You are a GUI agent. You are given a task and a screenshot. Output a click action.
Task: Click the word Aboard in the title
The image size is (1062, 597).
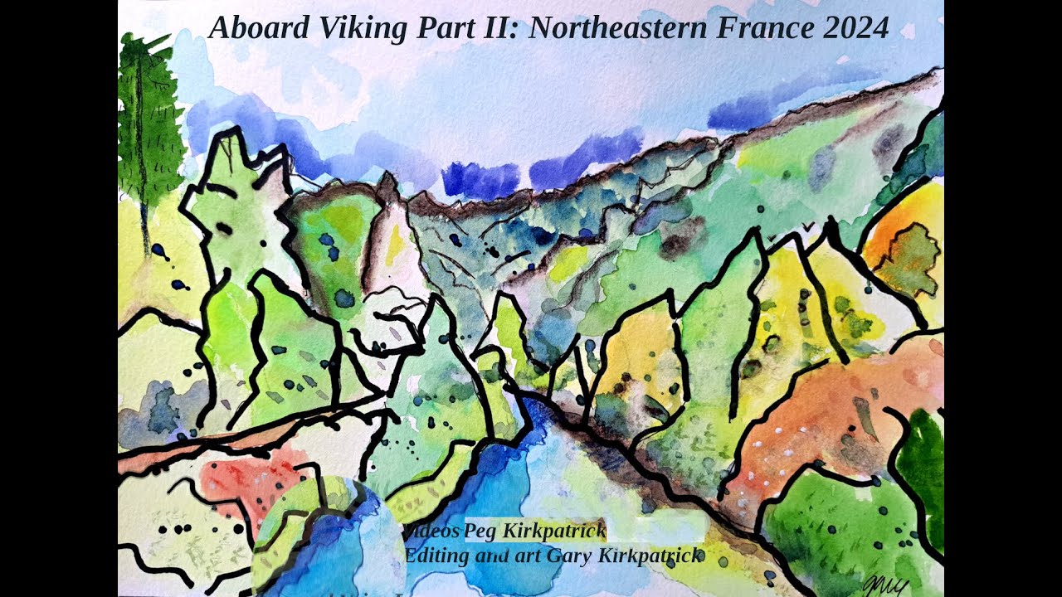(247, 28)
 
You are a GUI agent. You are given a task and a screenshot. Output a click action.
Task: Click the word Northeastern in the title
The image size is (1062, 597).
(617, 28)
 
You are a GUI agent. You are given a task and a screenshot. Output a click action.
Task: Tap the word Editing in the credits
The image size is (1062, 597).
(436, 556)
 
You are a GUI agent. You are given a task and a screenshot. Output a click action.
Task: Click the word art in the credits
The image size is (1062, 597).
(528, 556)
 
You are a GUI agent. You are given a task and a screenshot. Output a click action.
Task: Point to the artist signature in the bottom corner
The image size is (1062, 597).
(885, 585)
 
